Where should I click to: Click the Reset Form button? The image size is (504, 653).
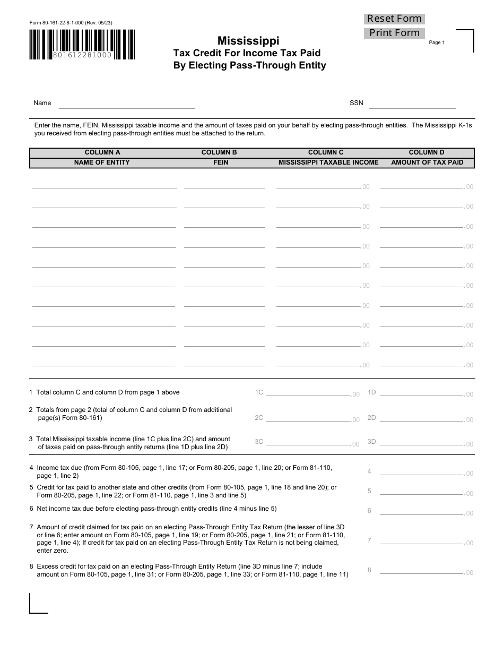(x=394, y=19)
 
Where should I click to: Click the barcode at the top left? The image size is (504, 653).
(x=82, y=44)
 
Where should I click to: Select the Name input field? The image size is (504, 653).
(x=127, y=104)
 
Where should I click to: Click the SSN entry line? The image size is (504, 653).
(x=412, y=104)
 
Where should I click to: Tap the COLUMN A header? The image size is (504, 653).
(x=102, y=152)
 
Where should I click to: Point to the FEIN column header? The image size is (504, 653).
(x=220, y=162)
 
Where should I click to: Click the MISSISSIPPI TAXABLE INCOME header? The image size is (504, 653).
(x=328, y=162)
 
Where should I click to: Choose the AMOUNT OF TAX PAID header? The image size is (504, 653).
(x=427, y=162)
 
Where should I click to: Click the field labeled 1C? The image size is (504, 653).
(x=308, y=393)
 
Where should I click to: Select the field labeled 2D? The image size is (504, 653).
(x=422, y=418)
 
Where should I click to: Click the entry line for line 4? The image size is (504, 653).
(x=422, y=472)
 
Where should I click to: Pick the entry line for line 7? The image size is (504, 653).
(x=422, y=542)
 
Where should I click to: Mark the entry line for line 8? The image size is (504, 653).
(x=422, y=571)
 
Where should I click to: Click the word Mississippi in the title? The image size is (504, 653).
(x=248, y=41)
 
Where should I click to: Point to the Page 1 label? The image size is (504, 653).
(x=437, y=42)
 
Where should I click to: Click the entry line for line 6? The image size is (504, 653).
(x=422, y=512)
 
